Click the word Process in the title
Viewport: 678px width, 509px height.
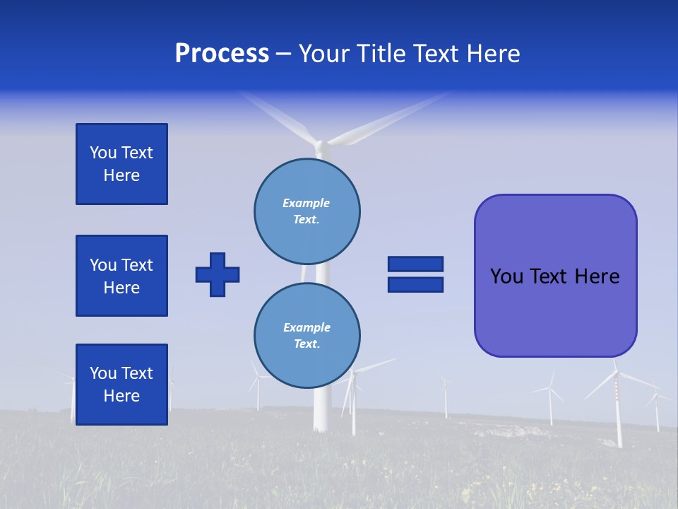click(222, 54)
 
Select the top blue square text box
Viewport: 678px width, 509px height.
click(121, 164)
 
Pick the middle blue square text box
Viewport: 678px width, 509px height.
click(121, 276)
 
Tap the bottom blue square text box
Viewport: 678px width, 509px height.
click(121, 385)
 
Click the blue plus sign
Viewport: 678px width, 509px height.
click(218, 274)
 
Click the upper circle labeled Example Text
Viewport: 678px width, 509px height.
click(307, 211)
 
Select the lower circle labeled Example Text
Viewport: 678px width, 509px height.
click(307, 335)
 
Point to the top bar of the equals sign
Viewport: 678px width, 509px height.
click(415, 264)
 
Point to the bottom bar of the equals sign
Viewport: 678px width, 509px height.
click(415, 284)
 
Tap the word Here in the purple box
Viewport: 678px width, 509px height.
click(597, 276)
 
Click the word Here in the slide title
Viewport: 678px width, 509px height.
click(494, 54)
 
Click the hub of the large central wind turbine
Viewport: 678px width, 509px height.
click(321, 145)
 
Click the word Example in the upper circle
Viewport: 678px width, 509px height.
click(307, 203)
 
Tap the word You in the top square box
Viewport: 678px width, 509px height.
click(103, 153)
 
